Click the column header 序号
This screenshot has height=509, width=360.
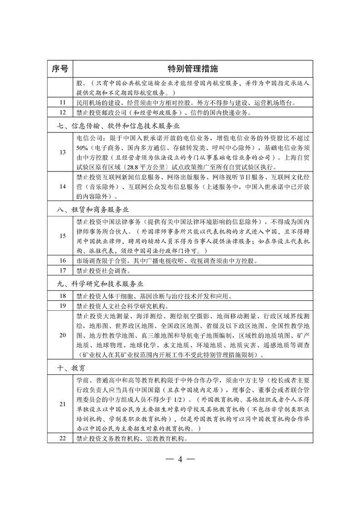[60, 69]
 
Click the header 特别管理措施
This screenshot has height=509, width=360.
[193, 69]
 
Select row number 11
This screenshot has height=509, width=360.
[63, 103]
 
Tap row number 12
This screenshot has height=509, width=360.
[63, 112]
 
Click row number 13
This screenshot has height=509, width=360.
[63, 152]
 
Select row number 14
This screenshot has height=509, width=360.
[63, 186]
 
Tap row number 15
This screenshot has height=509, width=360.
[63, 236]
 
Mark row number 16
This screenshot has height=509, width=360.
[63, 261]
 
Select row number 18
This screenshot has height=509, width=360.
[63, 296]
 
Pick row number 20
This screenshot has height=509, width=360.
[63, 335]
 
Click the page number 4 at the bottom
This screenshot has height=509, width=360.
[180, 458]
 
